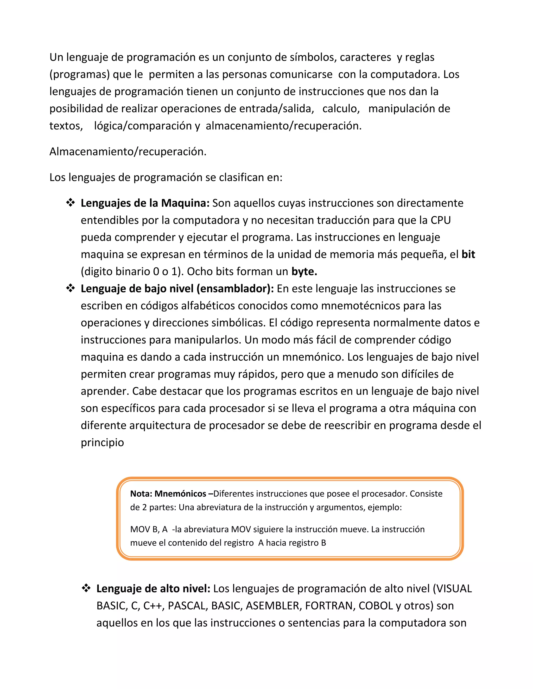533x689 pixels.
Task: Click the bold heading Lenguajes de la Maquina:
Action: [x=145, y=203]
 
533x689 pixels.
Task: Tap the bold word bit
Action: [x=468, y=254]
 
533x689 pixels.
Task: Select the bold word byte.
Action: [x=304, y=272]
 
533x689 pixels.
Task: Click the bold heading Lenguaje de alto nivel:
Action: [x=153, y=589]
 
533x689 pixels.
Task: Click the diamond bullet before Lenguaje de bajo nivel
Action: [x=70, y=288]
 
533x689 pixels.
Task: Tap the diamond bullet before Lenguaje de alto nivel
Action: [x=86, y=588]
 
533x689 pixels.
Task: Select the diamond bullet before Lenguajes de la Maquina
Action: [x=70, y=203]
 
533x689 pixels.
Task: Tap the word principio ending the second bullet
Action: [x=102, y=443]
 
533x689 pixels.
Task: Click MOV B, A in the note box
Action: [x=149, y=529]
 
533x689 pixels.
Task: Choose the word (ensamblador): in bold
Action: [x=235, y=289]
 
